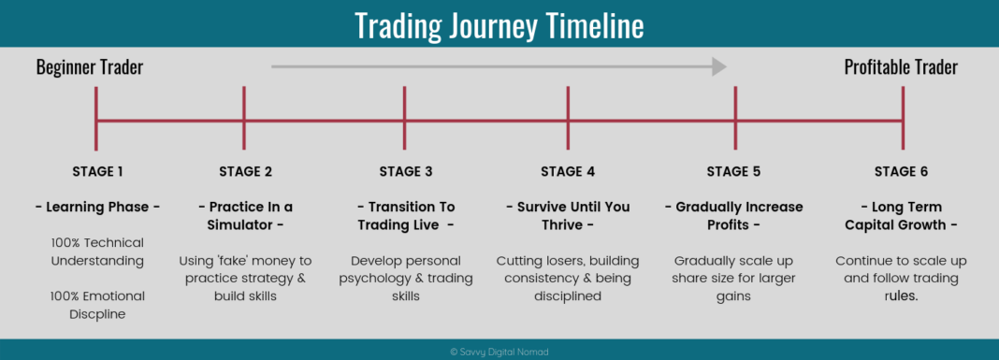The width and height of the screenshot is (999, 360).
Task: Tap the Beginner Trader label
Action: (x=90, y=67)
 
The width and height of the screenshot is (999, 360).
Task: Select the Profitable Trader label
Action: (x=901, y=67)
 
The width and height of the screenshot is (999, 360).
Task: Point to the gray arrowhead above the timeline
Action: (x=719, y=66)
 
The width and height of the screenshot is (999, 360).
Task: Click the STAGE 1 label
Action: (x=97, y=171)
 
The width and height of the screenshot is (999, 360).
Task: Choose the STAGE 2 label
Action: (x=245, y=171)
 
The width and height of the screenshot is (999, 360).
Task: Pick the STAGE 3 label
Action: (x=406, y=171)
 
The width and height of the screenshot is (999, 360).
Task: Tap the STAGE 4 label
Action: (x=568, y=171)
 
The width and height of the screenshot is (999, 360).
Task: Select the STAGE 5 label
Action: (x=733, y=171)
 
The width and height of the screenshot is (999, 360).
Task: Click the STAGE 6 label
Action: (x=901, y=171)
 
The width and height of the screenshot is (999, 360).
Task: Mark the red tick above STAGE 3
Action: (x=405, y=119)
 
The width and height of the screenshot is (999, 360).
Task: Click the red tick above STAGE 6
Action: (x=903, y=119)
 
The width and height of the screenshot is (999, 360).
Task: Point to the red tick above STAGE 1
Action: (x=95, y=119)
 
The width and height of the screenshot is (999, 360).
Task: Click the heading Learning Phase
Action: (x=97, y=207)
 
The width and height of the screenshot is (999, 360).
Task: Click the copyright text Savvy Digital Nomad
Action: (x=499, y=351)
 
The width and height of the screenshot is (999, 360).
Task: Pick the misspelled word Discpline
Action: (x=97, y=314)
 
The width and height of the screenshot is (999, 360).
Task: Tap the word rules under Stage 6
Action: (x=901, y=296)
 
